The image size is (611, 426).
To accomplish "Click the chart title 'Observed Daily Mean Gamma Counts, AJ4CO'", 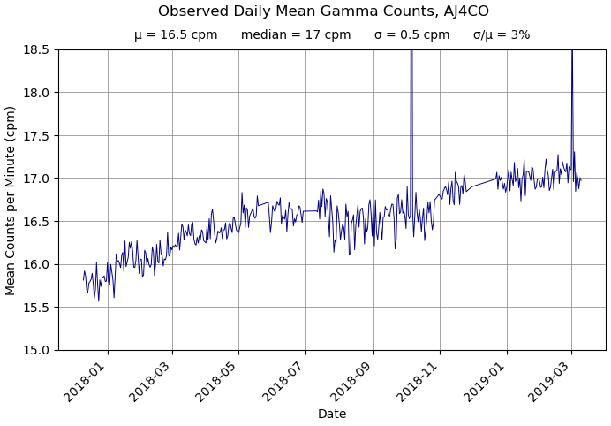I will tap(323, 11).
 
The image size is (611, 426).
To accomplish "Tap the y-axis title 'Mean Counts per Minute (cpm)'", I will tap(11, 200).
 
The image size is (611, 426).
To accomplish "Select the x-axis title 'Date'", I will tap(332, 414).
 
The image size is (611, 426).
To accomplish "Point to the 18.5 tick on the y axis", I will tap(36, 49).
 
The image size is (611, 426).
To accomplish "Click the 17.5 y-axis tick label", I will tap(36, 135).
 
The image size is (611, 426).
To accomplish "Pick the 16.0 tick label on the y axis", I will tap(36, 264).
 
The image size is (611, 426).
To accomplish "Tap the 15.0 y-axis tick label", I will tap(36, 350).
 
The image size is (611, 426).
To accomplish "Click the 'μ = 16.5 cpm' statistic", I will tap(176, 35).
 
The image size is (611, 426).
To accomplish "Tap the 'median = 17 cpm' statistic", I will tap(296, 35).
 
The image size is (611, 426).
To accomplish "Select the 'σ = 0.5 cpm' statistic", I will tap(411, 35).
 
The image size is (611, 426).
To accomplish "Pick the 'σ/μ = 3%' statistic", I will tap(502, 35).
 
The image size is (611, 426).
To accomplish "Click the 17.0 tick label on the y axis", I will tap(36, 179).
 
